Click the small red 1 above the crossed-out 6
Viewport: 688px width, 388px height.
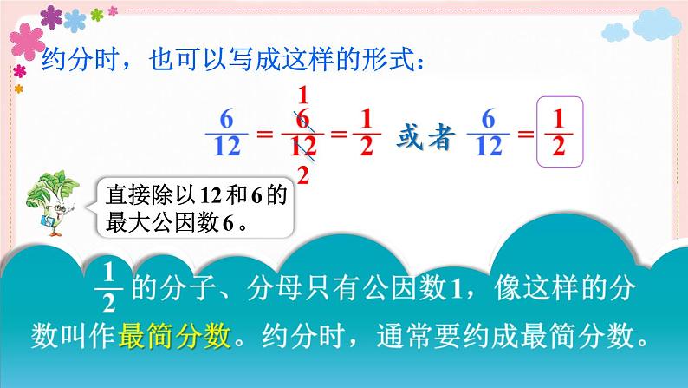click(x=302, y=95)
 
